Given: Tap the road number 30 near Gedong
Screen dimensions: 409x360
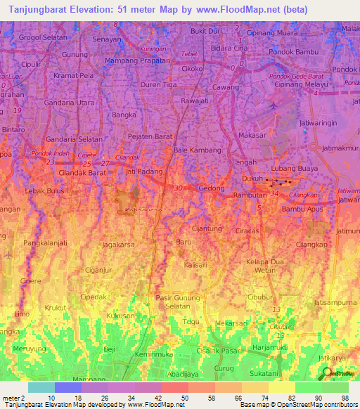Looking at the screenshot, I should point(179,188).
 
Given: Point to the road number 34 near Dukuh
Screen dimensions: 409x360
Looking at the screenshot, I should point(274,191).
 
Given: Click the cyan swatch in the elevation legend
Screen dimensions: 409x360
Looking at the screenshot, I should point(41,387).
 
